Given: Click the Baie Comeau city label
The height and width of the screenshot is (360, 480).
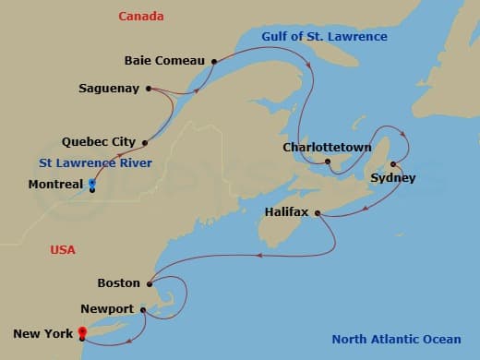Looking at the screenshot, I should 164,62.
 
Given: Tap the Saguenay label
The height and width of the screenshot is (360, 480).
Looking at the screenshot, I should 109,89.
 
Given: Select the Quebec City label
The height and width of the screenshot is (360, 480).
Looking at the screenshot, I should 98,142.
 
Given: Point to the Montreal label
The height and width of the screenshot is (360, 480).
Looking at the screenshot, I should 56,185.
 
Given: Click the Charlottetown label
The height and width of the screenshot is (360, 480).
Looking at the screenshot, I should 327,148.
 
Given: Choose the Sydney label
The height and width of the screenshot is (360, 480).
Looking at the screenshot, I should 392,178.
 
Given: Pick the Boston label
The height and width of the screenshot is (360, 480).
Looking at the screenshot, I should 118,283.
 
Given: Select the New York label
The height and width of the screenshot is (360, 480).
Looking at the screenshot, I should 42,333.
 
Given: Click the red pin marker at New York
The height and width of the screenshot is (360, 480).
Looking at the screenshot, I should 82,331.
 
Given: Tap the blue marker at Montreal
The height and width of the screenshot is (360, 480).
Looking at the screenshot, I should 91,185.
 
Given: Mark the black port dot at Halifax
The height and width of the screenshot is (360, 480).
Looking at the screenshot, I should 318,213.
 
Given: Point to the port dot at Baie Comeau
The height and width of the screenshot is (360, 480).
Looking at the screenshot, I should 213,62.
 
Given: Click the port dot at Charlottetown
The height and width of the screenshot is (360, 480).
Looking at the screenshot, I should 328,162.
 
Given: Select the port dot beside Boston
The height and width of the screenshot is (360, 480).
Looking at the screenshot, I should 149,283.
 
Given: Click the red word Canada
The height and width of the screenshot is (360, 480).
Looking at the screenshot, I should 141,17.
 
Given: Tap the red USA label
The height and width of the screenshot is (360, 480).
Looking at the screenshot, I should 63,250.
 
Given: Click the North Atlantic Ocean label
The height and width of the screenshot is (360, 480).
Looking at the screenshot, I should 401,339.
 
